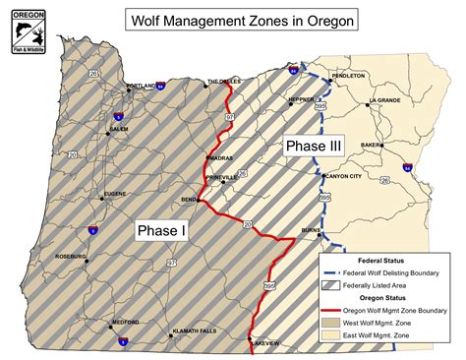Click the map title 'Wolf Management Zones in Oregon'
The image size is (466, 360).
[241, 19]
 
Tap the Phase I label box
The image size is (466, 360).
[159, 229]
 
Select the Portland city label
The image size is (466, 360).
[141, 87]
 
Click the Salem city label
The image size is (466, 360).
[119, 129]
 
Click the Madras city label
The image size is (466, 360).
[219, 157]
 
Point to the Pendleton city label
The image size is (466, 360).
[348, 76]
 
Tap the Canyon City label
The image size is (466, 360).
[343, 177]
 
